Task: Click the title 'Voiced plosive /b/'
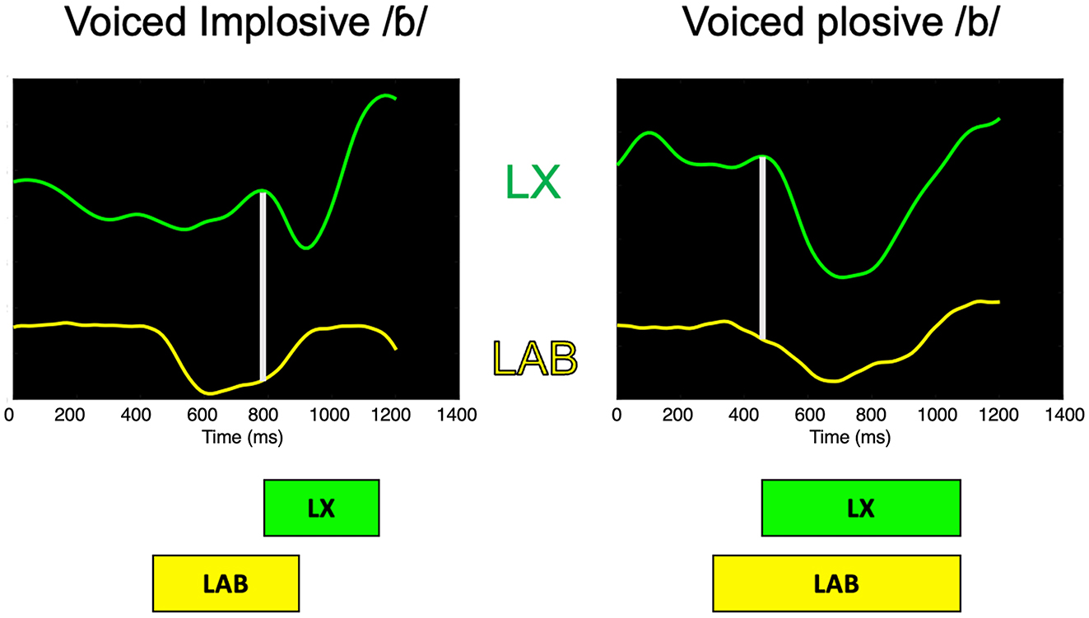[840, 26]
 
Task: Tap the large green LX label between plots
[533, 183]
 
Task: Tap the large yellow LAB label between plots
[534, 358]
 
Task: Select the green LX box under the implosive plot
[321, 508]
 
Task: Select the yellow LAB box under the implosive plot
[226, 583]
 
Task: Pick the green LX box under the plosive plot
[861, 508]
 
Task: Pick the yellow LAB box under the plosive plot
[836, 583]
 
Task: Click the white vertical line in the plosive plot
[762, 247]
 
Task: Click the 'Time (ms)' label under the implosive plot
[242, 438]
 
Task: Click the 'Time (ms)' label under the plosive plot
[849, 438]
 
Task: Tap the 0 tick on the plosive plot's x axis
[617, 416]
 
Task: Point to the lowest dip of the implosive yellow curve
[209, 393]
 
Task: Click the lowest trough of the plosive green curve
[843, 276]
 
